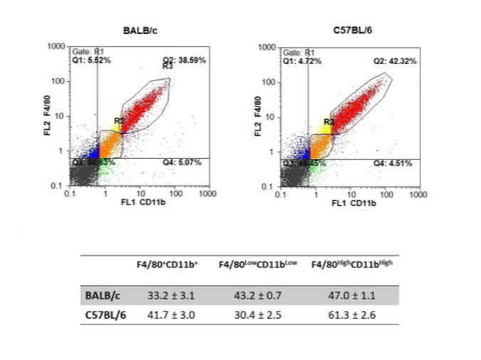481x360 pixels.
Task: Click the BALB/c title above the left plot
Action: click(x=139, y=31)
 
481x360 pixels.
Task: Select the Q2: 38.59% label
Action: click(x=185, y=61)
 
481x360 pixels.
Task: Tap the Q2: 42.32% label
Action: click(x=395, y=61)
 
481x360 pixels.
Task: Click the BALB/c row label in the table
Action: click(x=99, y=292)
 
